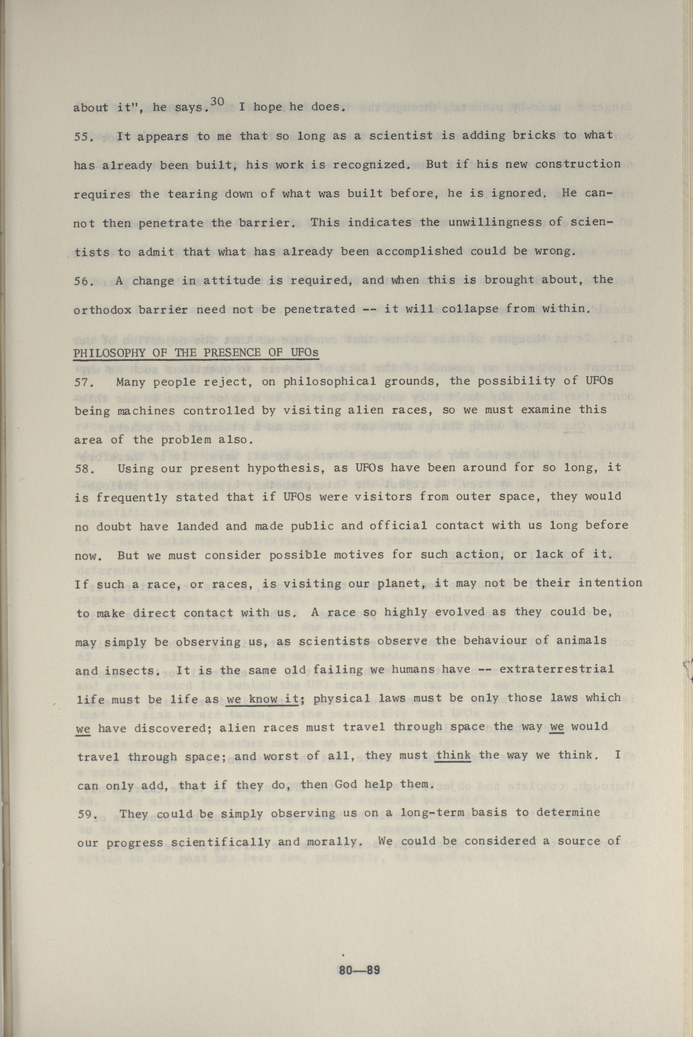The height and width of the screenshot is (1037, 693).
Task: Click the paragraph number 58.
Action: pos(83,468)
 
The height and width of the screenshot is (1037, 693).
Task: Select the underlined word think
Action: pos(453,756)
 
